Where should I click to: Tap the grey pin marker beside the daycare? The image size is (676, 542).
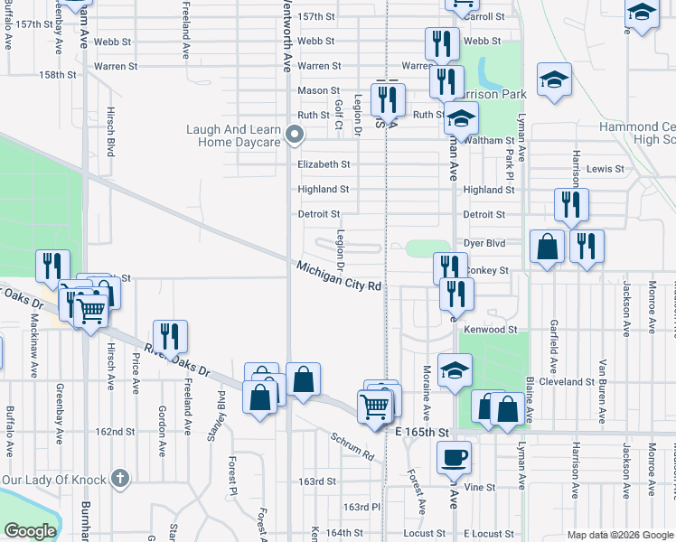point(294,136)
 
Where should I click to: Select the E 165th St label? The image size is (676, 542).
point(422,434)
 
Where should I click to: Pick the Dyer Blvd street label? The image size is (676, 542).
point(486,243)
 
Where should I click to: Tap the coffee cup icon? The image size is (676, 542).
point(454,456)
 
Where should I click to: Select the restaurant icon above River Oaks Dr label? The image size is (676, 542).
point(170,337)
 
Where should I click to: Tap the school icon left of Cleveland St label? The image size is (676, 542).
point(454,370)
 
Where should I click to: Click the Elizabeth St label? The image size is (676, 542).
point(324,164)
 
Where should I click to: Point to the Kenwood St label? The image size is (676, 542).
point(490,331)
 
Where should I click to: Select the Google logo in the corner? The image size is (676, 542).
point(30,530)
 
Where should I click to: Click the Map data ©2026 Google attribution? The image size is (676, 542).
point(621,535)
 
